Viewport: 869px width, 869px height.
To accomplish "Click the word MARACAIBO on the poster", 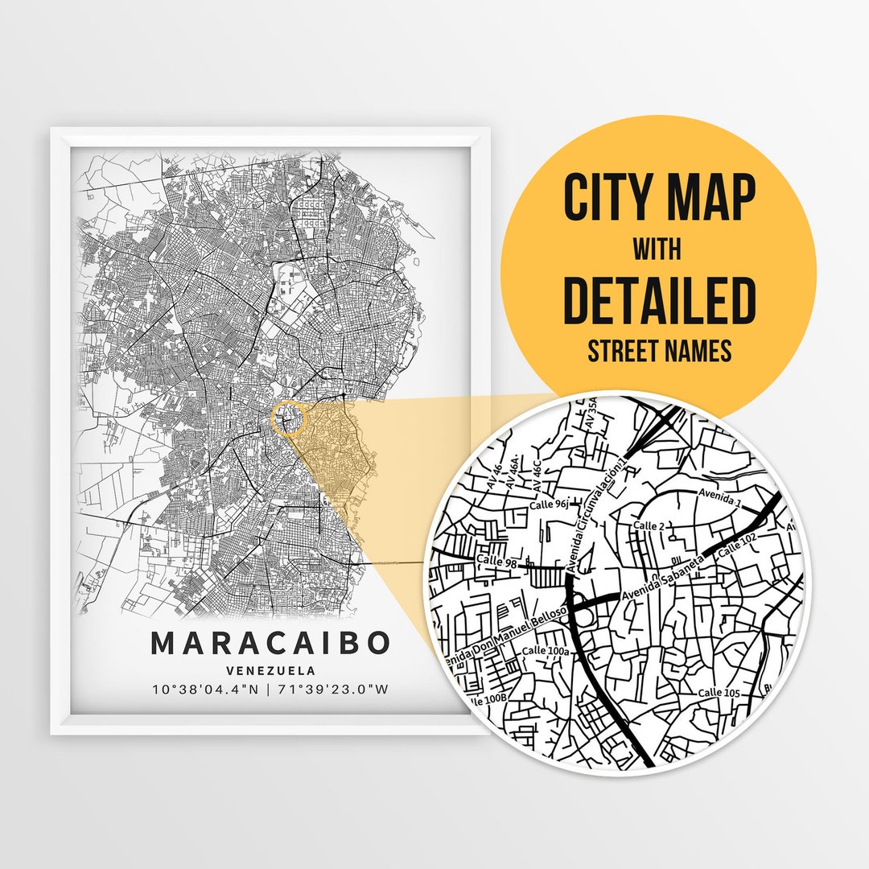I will tap(270, 644).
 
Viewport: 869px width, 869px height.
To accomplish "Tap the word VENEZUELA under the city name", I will tap(270, 670).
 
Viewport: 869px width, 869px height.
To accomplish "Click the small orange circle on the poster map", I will tap(289, 419).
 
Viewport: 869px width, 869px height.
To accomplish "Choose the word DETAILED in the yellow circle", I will tap(659, 299).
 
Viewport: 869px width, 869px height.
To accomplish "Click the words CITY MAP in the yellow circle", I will tap(659, 198).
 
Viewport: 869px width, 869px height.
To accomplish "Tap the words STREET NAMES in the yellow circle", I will tap(659, 351).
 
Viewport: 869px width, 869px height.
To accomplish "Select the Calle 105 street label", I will tap(719, 693).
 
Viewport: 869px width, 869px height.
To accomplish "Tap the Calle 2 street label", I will tap(650, 525).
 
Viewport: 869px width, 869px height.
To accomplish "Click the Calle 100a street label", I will tap(546, 650).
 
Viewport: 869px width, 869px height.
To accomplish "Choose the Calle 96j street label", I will tap(550, 505).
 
